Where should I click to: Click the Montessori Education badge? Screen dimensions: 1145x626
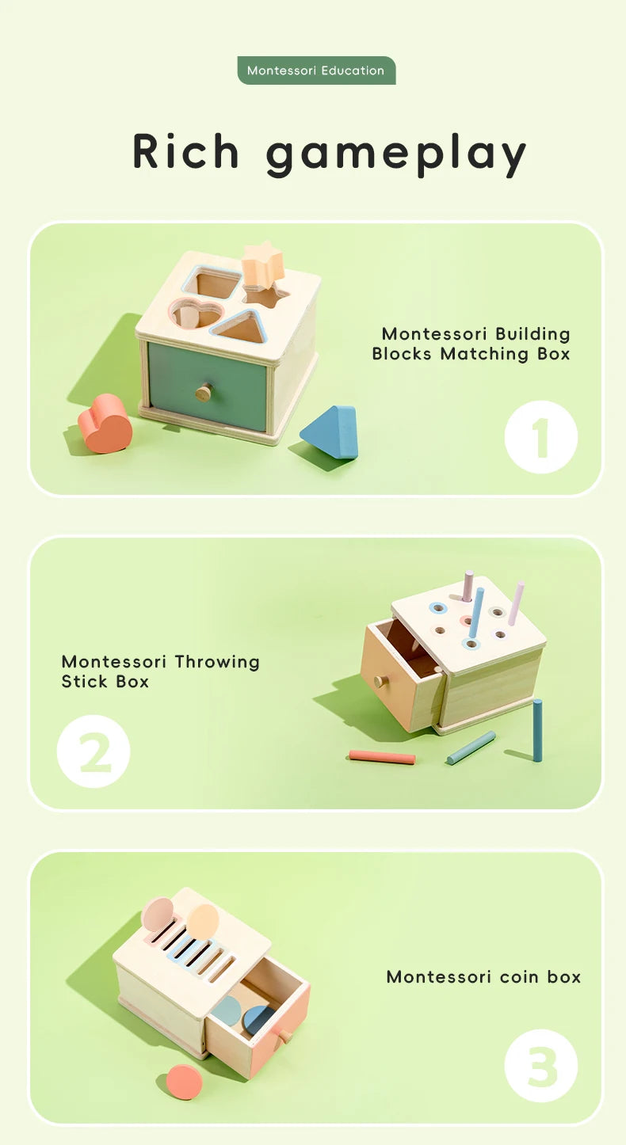pos(316,70)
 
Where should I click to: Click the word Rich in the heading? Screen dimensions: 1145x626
pos(186,151)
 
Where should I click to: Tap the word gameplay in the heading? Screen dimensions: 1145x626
pos(395,154)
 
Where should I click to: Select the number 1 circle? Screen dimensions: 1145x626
pos(541,437)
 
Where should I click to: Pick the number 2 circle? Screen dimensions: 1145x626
pos(94,751)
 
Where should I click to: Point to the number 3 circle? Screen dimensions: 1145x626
pos(541,1066)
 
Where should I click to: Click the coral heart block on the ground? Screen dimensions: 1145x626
pos(105,424)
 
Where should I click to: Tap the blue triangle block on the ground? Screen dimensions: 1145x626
pos(331,432)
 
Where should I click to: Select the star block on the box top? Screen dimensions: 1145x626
pos(263,264)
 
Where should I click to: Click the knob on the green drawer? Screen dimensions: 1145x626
pos(205,391)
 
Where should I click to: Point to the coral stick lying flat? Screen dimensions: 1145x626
pos(382,757)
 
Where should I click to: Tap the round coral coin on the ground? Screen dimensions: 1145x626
pos(184,1081)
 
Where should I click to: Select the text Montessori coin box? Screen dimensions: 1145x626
pos(483,976)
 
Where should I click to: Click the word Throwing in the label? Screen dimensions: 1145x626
pos(216,661)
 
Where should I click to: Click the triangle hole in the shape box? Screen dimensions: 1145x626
pos(241,327)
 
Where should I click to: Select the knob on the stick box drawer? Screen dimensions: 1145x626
pos(378,680)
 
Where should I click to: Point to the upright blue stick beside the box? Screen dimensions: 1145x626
pos(537,730)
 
